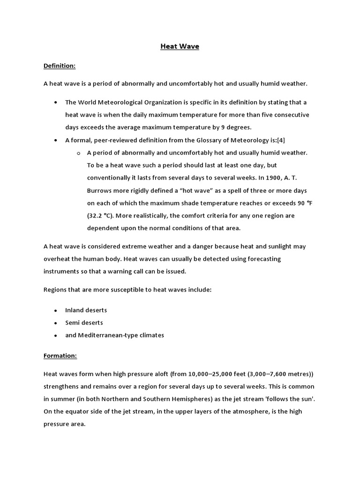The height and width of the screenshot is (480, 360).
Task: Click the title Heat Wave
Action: [x=180, y=46]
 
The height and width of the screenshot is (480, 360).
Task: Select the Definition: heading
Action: [x=60, y=66]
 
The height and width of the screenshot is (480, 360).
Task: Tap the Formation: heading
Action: [x=60, y=356]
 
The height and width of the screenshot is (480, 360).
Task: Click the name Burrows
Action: [x=99, y=191]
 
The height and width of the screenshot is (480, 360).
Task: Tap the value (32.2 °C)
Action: [x=100, y=216]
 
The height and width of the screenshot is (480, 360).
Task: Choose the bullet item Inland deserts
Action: [x=86, y=310]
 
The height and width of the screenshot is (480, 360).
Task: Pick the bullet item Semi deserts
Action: [x=84, y=323]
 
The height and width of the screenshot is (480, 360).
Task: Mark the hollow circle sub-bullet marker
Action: [x=78, y=153]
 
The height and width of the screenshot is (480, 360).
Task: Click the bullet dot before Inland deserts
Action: [x=56, y=311]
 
